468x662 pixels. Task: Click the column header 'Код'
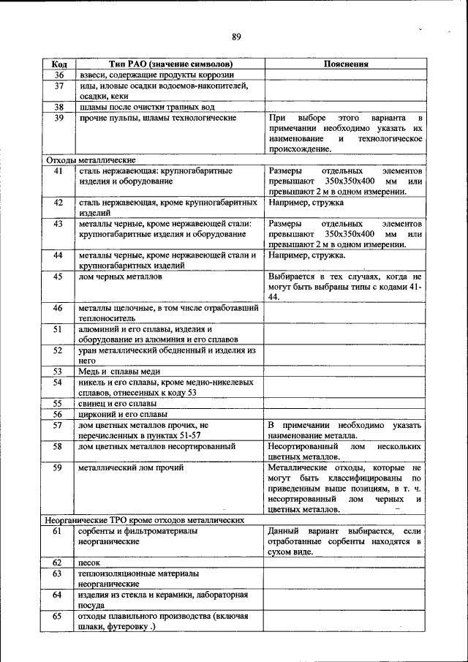pos(60,64)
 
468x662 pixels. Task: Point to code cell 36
pos(60,75)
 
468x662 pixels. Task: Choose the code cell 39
pos(60,118)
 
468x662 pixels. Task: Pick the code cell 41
pos(60,170)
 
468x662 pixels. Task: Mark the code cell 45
pos(60,277)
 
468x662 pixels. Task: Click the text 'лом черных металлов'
pos(116,277)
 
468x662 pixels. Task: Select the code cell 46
pos(60,309)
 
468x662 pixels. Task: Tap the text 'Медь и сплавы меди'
pos(119,372)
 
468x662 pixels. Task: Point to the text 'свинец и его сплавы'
pos(117,403)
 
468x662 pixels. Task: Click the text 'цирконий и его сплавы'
pos(121,414)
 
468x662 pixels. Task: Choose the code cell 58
pos(60,445)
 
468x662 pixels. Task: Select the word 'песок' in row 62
pos(90,563)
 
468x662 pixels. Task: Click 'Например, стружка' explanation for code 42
pos(306,203)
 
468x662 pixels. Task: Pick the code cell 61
pos(60,530)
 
